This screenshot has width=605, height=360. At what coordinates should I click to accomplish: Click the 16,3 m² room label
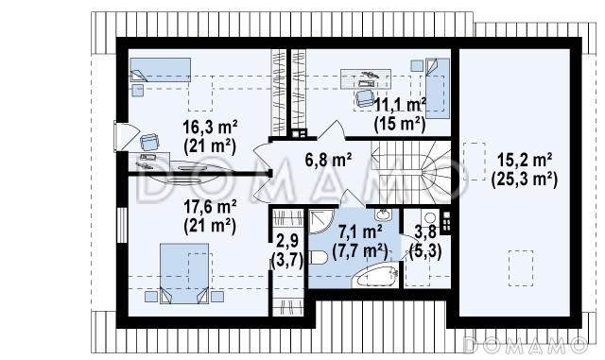(210, 127)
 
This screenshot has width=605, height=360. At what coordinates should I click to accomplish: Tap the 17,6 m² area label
(210, 207)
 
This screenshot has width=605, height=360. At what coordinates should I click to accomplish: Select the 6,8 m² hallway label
(328, 160)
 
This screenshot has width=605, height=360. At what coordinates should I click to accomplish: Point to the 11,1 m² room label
(400, 105)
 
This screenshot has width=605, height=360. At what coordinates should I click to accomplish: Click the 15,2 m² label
(525, 160)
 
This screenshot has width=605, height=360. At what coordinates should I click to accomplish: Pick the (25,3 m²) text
(525, 180)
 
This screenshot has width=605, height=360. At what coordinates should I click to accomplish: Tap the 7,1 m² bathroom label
(360, 231)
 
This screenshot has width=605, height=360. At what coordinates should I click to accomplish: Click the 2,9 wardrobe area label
(287, 241)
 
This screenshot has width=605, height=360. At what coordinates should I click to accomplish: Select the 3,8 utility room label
(425, 231)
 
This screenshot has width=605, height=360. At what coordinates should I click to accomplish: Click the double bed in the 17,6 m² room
(184, 273)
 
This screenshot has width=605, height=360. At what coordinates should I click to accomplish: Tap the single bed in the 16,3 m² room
(160, 70)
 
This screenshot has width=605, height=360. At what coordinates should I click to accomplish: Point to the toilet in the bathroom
(319, 258)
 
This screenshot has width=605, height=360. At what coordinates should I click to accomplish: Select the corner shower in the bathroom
(321, 221)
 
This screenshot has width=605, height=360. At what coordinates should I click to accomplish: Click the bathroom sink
(383, 214)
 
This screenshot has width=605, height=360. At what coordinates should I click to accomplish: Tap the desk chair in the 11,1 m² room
(364, 97)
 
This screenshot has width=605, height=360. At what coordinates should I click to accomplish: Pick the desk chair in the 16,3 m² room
(149, 142)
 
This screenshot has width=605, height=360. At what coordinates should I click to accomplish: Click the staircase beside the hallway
(411, 172)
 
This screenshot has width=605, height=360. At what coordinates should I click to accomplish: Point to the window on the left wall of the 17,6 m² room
(122, 225)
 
